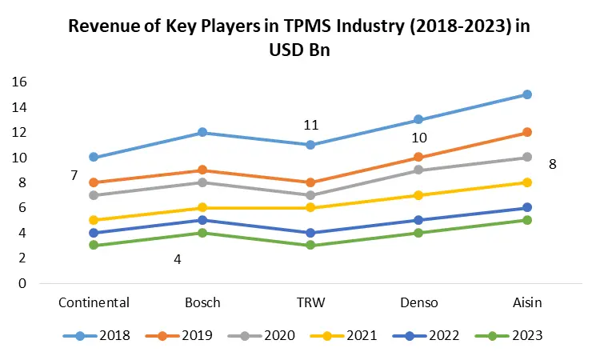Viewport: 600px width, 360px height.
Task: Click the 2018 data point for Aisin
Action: point(527,94)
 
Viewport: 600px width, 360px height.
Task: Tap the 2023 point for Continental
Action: point(94,245)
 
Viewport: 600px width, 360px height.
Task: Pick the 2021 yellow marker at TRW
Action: point(311,208)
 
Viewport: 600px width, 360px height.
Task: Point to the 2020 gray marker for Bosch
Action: point(202,182)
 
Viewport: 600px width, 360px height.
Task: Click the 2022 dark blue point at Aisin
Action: point(527,208)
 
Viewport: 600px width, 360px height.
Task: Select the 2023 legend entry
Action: point(509,336)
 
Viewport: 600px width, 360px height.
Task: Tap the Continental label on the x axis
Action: point(94,302)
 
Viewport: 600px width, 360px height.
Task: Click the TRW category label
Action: point(311,302)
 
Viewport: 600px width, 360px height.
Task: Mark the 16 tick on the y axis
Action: point(20,82)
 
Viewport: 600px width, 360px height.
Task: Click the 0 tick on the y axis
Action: point(24,283)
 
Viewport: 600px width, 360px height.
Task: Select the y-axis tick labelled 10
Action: point(20,158)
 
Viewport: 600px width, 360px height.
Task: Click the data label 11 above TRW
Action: point(311,125)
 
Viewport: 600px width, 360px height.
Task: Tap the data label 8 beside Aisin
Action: point(552,165)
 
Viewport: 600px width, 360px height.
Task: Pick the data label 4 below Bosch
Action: point(178,259)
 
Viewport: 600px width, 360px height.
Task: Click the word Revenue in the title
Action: point(103,26)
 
